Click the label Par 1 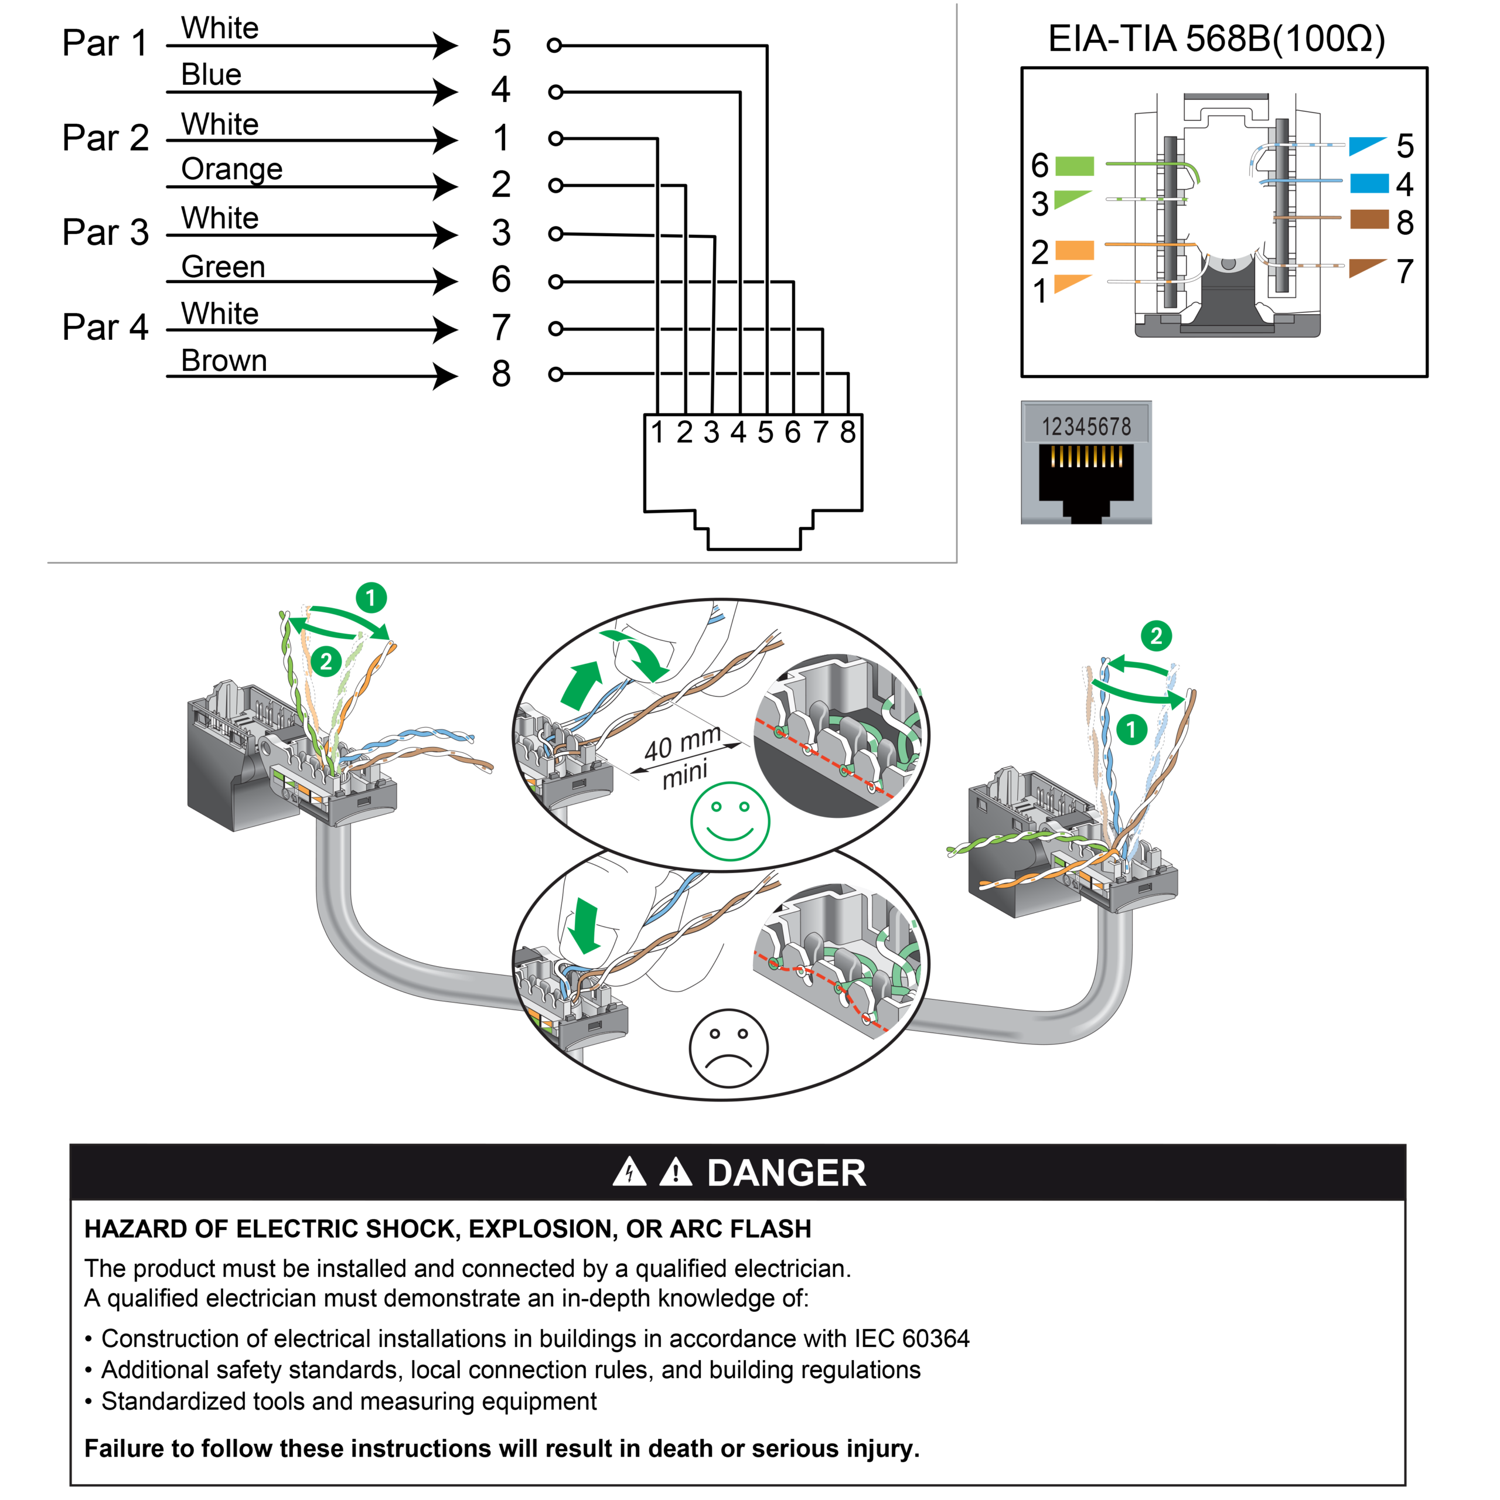105,43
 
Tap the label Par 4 105,327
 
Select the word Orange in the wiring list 231,169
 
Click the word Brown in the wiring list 224,360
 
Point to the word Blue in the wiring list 211,74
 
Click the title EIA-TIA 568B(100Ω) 1216,39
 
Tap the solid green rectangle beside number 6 1075,166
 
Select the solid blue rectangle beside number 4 1369,183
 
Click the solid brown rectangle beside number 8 1369,220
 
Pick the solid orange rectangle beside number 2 1075,250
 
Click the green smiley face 730,821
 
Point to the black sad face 728,1048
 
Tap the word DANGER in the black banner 786,1172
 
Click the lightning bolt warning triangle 629,1172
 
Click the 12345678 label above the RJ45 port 1086,426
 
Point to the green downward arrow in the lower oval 583,925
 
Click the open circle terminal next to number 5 554,45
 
